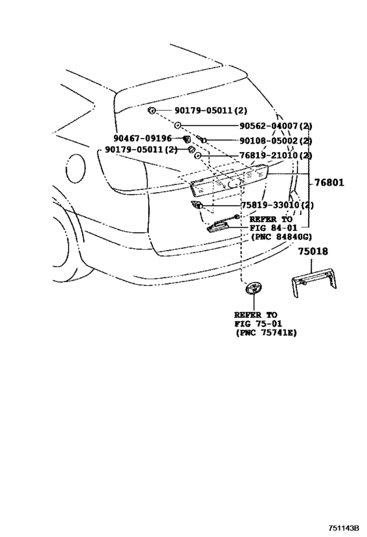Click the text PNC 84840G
(x=280, y=236)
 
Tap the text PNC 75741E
(x=265, y=333)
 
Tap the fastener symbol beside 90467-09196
(x=186, y=139)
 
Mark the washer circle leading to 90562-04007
(x=178, y=126)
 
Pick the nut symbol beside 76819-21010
(x=197, y=156)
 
